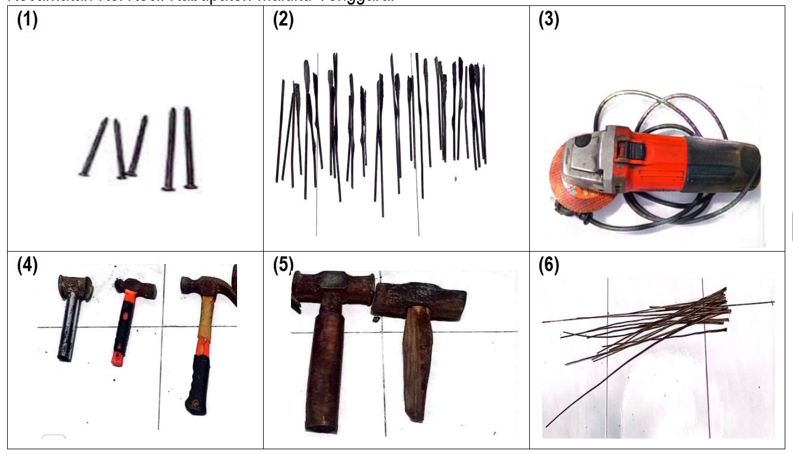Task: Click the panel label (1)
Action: click(x=27, y=20)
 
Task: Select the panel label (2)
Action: click(x=283, y=20)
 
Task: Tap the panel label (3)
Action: click(x=549, y=20)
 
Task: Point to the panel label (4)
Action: click(x=27, y=265)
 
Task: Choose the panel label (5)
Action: click(x=283, y=265)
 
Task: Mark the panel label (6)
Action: click(x=549, y=265)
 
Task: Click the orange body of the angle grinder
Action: click(x=652, y=155)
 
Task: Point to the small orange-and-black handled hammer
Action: click(x=126, y=320)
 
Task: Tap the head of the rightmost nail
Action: click(x=190, y=186)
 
